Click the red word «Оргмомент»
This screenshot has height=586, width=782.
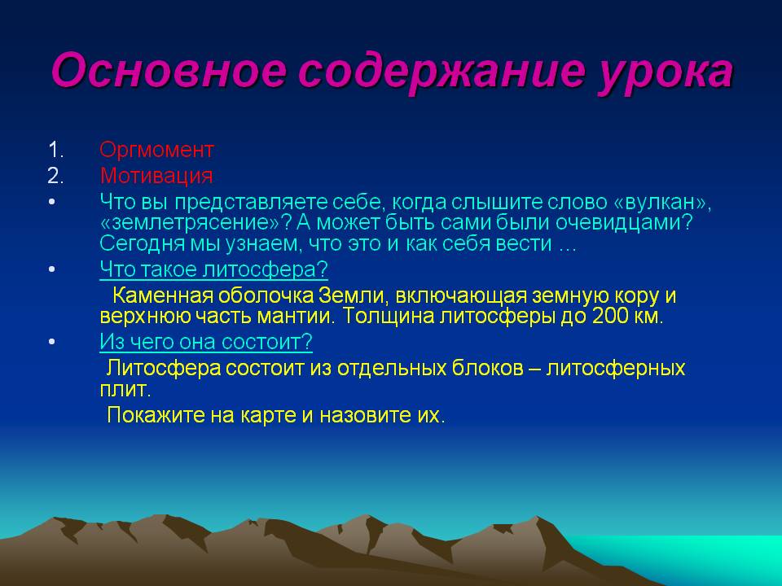click(156, 150)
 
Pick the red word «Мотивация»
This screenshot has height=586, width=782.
click(156, 176)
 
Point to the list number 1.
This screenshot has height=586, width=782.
click(55, 150)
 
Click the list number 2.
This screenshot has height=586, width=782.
click(55, 176)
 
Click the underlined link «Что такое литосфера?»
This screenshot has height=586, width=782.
click(214, 269)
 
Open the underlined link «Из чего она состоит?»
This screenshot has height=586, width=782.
click(206, 342)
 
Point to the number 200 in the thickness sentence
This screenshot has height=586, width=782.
click(609, 317)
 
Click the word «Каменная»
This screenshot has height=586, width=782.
click(163, 295)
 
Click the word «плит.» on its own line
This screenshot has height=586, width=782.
click(125, 389)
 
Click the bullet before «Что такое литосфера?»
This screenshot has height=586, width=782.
click(52, 269)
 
